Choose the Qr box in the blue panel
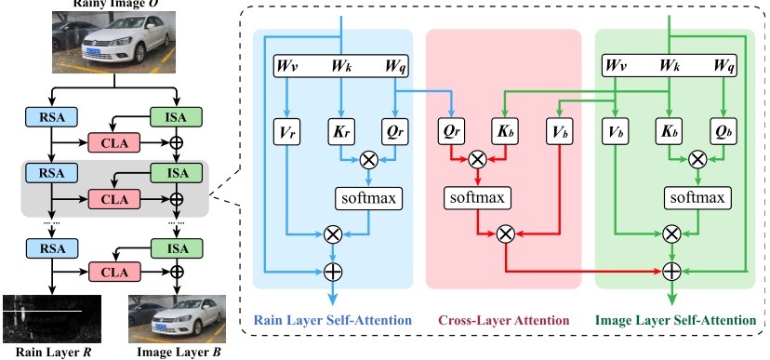tap(394, 132)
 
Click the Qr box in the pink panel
tap(451, 132)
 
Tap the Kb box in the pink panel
tap(505, 132)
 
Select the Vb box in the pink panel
tap(559, 132)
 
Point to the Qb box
tap(723, 132)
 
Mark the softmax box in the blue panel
tap(368, 198)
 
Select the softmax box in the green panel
tap(697, 198)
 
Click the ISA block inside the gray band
tap(177, 173)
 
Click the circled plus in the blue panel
tap(332, 272)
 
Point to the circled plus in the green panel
tap(670, 272)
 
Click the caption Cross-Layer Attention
tap(503, 320)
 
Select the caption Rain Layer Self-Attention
tap(333, 320)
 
